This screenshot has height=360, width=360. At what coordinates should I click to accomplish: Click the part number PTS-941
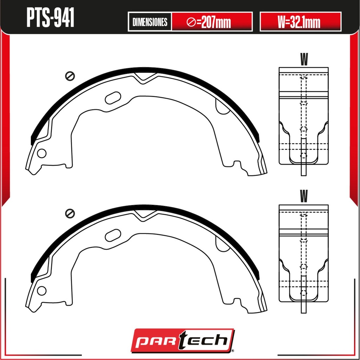[x=50, y=17]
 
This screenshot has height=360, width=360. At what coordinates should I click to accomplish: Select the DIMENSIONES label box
[x=150, y=22]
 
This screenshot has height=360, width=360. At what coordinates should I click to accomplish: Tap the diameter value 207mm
[x=209, y=22]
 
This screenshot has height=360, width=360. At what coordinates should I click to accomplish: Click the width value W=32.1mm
[x=299, y=22]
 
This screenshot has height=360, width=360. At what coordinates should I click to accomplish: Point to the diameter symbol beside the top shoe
[x=70, y=76]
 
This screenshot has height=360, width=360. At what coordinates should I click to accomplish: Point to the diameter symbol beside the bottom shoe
[x=70, y=214]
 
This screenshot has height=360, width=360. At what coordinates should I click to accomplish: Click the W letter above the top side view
[x=303, y=59]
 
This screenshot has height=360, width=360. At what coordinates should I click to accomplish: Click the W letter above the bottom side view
[x=303, y=196]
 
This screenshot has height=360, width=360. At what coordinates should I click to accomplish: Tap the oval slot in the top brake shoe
[x=113, y=98]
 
